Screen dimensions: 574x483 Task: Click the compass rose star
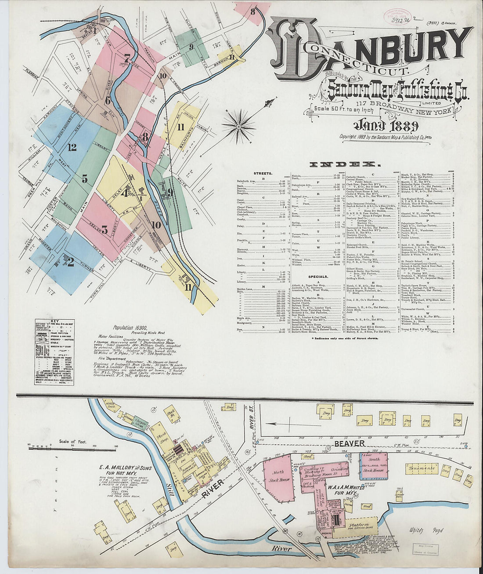(x=239, y=127)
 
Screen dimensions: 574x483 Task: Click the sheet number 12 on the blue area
(x=72, y=147)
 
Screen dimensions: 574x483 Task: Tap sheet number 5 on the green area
(x=84, y=179)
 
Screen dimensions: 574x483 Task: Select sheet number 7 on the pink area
(x=127, y=58)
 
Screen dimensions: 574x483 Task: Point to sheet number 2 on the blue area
(x=70, y=262)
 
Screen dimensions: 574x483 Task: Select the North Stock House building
(x=278, y=479)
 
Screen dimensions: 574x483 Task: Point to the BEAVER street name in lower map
(x=350, y=443)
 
